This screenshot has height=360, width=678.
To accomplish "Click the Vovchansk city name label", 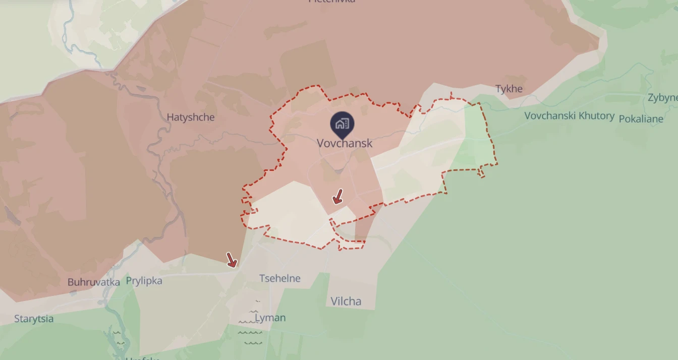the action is coord(345,143).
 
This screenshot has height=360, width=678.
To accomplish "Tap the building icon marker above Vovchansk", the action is coord(342,124).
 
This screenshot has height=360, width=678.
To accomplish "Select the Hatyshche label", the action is coord(191,117).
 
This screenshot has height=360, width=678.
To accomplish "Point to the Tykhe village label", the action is coord(509,89).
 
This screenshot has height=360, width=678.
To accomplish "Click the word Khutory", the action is coord(597,116).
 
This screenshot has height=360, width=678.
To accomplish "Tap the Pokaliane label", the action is coord(641,119).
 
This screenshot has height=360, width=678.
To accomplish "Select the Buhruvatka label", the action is coord(94,282).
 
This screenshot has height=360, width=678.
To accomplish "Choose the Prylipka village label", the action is coord(144,281).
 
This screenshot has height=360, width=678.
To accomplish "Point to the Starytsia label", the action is coord(34,319).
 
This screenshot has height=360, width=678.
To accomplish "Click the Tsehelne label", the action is coord(279,278).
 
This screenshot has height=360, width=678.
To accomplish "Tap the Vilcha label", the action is coord(346,302).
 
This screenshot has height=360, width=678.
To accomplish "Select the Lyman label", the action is coord(270,318).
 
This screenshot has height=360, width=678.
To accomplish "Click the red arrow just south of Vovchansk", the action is coord(338,197).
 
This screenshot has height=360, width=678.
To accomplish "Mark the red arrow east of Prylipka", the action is coord(232,260).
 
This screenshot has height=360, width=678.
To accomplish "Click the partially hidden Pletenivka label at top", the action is coord(331,2).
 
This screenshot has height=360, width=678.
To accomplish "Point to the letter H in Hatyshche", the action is coord(171,117).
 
